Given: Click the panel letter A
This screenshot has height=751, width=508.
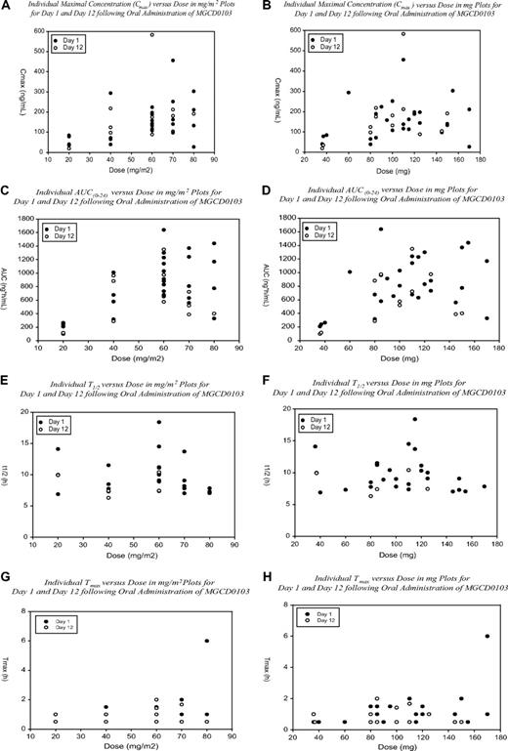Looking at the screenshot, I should click(7, 6).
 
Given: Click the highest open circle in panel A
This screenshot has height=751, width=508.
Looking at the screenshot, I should click(151, 35).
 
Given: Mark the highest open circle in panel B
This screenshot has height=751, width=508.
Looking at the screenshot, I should click(402, 34).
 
